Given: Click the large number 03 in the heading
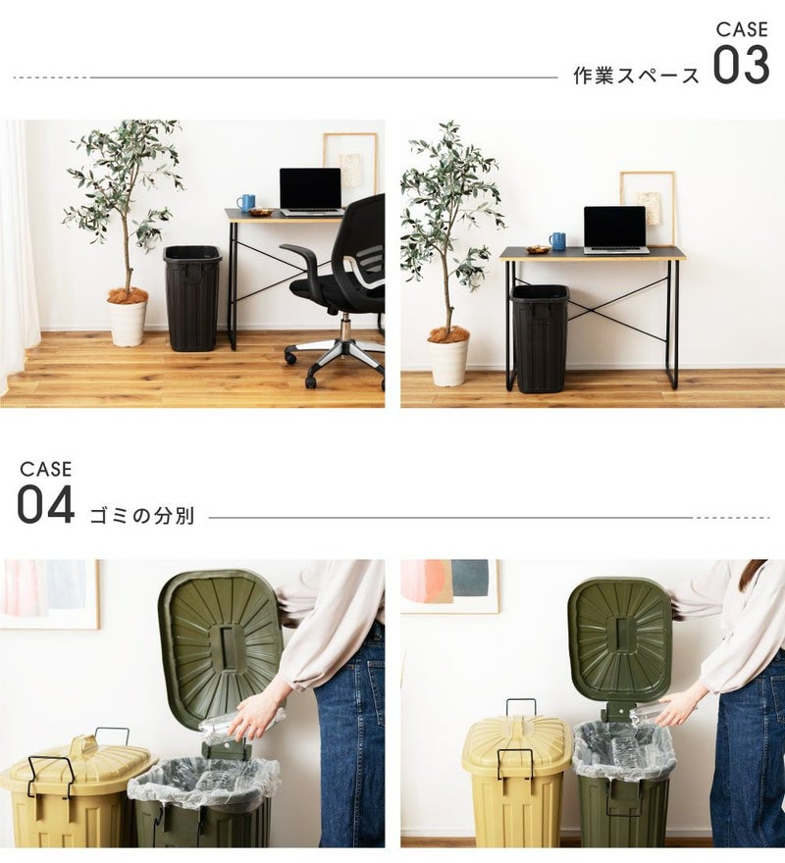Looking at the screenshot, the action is [x=741, y=65].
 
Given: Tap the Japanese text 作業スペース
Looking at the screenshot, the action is [x=636, y=76].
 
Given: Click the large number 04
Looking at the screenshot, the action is [x=46, y=504].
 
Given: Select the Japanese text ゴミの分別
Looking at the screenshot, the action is [x=142, y=516].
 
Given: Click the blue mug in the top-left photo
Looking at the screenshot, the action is [x=245, y=203].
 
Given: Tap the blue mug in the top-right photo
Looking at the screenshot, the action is [x=557, y=241].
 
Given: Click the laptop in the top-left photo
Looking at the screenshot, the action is [x=311, y=191].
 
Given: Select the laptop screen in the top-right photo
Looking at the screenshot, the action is [x=615, y=227].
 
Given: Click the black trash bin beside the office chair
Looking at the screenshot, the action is [x=192, y=298].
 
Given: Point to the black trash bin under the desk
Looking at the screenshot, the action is [x=540, y=338].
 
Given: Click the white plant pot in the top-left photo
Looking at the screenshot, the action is [x=128, y=323].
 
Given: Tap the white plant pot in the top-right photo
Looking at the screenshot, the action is [x=448, y=362].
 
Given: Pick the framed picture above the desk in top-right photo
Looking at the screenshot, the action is [x=648, y=209].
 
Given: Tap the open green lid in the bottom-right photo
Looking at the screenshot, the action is [x=620, y=639].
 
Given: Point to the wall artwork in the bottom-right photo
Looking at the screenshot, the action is [x=450, y=586].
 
